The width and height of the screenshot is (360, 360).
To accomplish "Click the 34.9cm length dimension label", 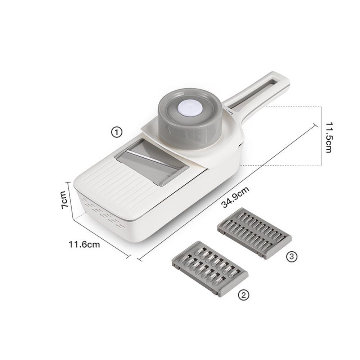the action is [x=235, y=197].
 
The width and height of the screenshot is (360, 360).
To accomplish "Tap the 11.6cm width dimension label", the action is [x=84, y=244].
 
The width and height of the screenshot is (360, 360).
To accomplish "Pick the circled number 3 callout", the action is [x=292, y=256].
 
